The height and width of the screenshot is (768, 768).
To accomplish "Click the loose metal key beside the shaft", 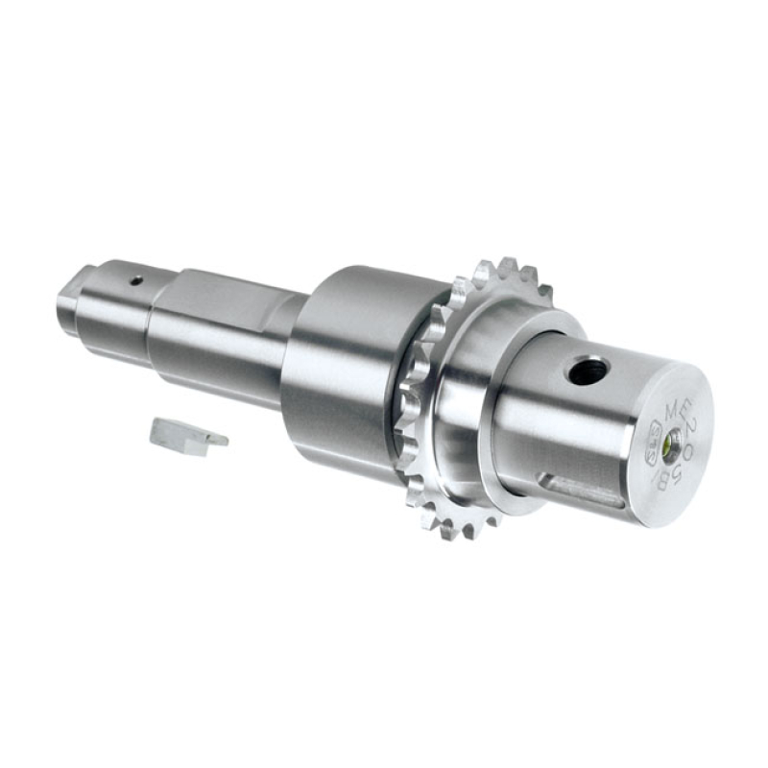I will [x=187, y=436].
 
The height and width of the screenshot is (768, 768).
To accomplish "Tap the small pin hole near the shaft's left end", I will [x=136, y=280].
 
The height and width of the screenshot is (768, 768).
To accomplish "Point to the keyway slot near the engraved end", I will [x=586, y=489].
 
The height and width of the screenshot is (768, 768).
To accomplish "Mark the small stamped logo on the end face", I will [x=655, y=446].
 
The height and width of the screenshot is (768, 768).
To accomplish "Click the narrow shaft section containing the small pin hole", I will [x=125, y=298].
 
